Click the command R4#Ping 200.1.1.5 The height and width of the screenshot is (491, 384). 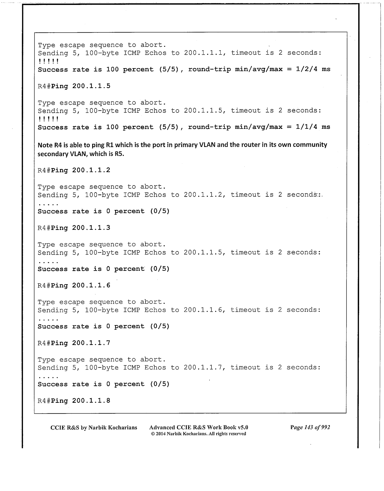(74, 86)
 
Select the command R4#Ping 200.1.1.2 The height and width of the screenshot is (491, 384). (74, 170)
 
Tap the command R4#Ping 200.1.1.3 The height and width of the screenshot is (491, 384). (74, 228)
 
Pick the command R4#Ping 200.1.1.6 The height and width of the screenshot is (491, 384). (74, 285)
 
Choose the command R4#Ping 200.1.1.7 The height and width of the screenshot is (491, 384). (74, 343)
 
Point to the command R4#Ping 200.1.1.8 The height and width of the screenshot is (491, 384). (74, 401)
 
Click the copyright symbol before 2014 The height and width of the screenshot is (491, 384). (153, 434)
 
